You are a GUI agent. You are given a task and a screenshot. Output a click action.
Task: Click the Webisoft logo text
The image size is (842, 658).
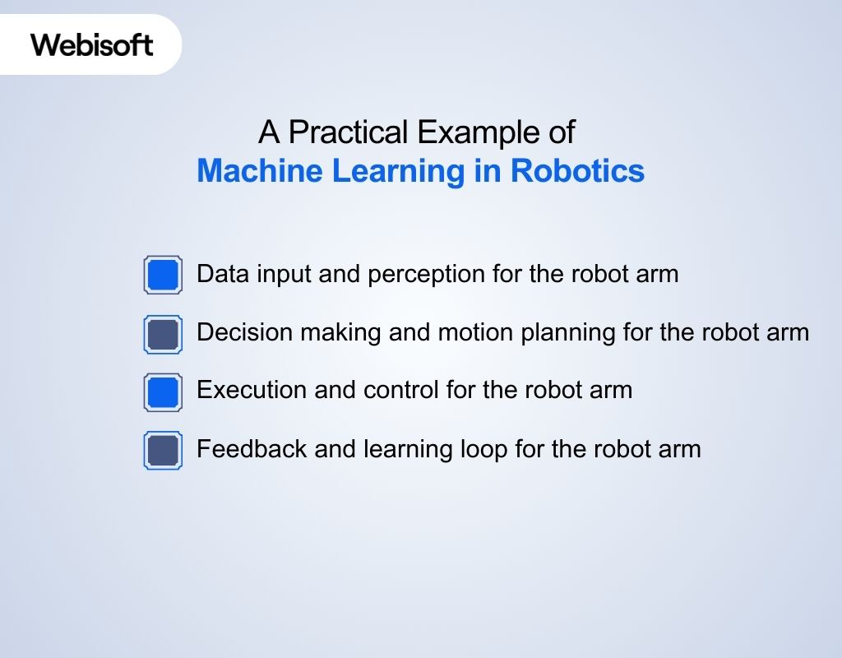click(91, 44)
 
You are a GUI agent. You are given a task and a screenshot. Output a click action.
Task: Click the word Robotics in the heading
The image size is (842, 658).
click(577, 171)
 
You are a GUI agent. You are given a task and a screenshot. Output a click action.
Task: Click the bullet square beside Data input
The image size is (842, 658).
click(163, 274)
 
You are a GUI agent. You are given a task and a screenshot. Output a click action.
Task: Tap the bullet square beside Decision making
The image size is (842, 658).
click(163, 333)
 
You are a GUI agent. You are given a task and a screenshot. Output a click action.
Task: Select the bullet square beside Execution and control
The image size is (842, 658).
click(163, 392)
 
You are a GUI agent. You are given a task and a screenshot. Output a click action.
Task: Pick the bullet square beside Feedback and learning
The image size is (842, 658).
click(163, 450)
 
